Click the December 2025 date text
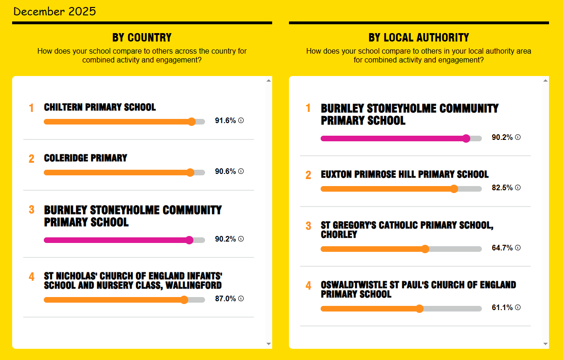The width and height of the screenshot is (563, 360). [x=55, y=12]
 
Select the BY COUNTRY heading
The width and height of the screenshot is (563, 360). [x=142, y=38]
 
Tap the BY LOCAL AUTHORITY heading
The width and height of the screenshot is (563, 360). [x=419, y=38]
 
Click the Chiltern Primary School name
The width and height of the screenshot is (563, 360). [x=100, y=107]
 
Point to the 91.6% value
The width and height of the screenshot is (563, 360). [x=225, y=121]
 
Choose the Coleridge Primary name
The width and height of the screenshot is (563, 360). [x=85, y=158]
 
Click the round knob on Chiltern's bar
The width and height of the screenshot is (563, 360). [x=191, y=122]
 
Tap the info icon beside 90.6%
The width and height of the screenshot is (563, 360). [x=241, y=171]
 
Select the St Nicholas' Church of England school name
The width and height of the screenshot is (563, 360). [x=132, y=280]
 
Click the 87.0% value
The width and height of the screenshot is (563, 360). [x=225, y=299]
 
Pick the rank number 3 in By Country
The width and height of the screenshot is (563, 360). [x=31, y=210]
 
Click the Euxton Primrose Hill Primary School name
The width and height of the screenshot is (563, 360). [x=405, y=174]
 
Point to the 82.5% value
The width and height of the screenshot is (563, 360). [x=502, y=188]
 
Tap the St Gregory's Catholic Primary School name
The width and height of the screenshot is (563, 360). [x=406, y=229]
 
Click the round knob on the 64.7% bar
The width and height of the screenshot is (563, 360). [x=425, y=249]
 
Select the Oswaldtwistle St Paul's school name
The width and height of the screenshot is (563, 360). [x=418, y=289]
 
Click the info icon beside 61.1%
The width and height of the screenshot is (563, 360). [x=518, y=307]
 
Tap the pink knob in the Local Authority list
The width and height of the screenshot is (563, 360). [x=466, y=138]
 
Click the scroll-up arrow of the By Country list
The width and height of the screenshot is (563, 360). [x=268, y=81]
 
